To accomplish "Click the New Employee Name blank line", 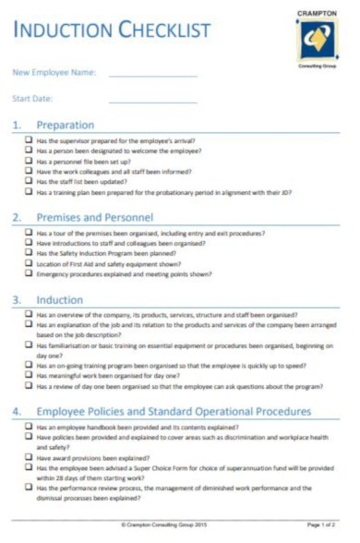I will (x=152, y=73).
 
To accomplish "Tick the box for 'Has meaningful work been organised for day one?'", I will (x=29, y=376).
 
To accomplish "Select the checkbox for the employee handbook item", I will (x=29, y=428).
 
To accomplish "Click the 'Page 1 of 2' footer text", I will (x=322, y=525).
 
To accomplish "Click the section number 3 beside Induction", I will (x=17, y=300).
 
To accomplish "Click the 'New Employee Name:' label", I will (x=54, y=72).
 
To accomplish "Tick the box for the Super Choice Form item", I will (x=29, y=468).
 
